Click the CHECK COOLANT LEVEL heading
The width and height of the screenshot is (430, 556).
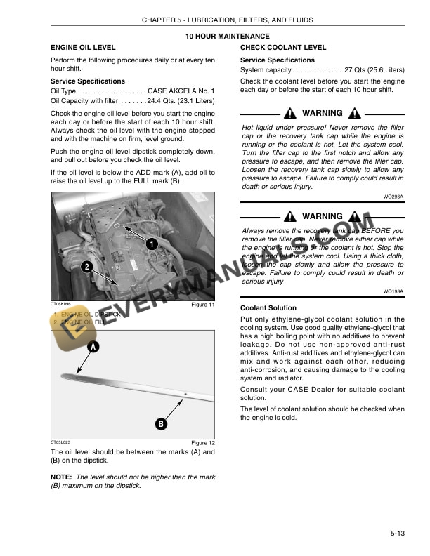click(x=283, y=48)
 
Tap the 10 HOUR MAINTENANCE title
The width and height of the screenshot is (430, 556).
click(x=227, y=36)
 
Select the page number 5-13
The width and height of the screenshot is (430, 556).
click(x=396, y=535)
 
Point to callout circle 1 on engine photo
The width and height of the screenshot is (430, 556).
click(x=151, y=243)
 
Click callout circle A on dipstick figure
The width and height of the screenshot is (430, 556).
click(x=93, y=347)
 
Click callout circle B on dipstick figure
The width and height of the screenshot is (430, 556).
click(x=161, y=423)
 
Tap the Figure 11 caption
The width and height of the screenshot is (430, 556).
click(x=203, y=305)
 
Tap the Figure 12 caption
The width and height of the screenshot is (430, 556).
click(x=203, y=443)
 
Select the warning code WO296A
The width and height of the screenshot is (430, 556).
click(x=393, y=197)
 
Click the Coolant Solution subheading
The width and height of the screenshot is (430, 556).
click(x=268, y=308)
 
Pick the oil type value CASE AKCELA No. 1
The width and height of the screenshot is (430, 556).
click(x=181, y=91)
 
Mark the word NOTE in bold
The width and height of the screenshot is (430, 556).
click(x=62, y=477)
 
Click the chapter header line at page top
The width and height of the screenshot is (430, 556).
click(x=227, y=20)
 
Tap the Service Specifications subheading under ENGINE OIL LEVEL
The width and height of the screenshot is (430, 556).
click(x=88, y=81)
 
